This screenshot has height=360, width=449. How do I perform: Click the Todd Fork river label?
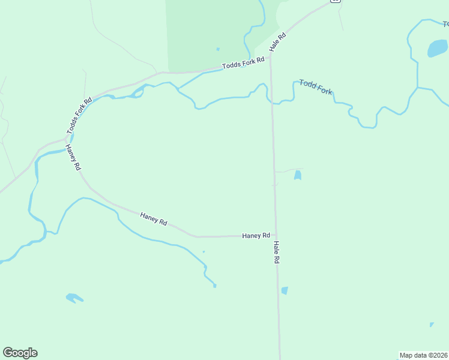pos(316,88)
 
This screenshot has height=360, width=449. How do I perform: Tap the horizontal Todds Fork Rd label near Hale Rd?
pos(243,62)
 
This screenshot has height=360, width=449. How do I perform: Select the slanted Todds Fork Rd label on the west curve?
pos(79,116)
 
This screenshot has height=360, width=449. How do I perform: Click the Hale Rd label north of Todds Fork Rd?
pos(279,42)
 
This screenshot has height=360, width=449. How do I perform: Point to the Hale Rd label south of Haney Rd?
pos(276,253)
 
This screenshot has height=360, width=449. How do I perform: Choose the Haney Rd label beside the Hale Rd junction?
pos(256,236)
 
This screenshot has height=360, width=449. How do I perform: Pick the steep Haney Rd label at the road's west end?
pos(73,158)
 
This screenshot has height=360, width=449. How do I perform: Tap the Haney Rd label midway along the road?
pos(153,218)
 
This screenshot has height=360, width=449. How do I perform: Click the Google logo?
pos(20,353)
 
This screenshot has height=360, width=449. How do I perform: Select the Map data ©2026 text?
pos(423,355)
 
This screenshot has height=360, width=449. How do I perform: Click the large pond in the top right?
pos(437,48)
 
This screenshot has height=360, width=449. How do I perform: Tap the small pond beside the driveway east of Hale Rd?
pos(297,175)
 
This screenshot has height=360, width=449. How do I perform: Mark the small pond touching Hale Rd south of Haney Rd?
pos(285,290)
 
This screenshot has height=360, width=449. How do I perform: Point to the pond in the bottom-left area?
pos(74,298)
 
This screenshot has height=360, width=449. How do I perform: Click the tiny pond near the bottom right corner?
pos(431,325)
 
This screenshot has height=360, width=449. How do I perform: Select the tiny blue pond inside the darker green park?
pos(217,49)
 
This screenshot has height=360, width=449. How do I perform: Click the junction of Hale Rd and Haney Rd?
pos(275,235)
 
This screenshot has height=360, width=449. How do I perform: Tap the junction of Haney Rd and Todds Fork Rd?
pos(66,140)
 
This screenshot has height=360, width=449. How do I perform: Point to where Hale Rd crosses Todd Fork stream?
pos(271,101)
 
